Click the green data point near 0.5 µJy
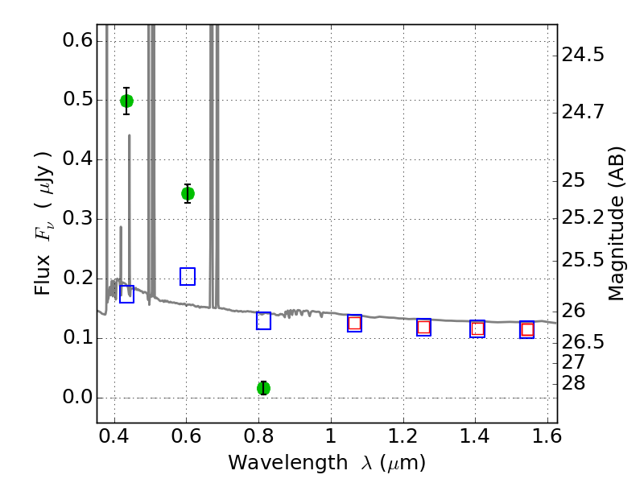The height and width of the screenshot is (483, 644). [x=126, y=101]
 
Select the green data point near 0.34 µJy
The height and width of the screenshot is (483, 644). [x=188, y=193]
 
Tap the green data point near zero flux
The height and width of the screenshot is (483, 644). [x=264, y=388]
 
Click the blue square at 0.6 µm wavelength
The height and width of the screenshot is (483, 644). [x=188, y=276]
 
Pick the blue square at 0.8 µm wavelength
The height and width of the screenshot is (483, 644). [x=264, y=320]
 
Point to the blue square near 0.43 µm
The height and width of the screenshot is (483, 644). [x=126, y=294]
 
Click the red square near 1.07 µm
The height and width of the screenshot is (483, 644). [x=354, y=324]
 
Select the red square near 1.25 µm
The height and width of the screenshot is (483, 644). [x=424, y=328]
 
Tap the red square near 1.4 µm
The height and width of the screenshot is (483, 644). [x=477, y=329]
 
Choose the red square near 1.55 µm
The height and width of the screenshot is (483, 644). [x=527, y=329]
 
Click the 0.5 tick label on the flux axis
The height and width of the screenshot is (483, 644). [x=77, y=99]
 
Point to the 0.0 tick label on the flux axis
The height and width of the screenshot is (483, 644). [x=77, y=397]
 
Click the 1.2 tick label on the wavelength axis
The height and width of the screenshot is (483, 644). [x=403, y=436]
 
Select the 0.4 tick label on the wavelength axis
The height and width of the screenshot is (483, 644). [x=114, y=436]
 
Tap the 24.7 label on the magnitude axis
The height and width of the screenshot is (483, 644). [x=583, y=111]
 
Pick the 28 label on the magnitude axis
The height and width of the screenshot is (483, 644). [x=573, y=383]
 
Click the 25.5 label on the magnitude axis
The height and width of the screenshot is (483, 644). [x=583, y=260]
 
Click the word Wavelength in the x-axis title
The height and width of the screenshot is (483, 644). [x=288, y=462]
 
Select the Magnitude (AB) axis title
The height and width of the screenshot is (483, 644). [x=616, y=224]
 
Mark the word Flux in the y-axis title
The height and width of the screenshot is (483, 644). [x=42, y=275]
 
